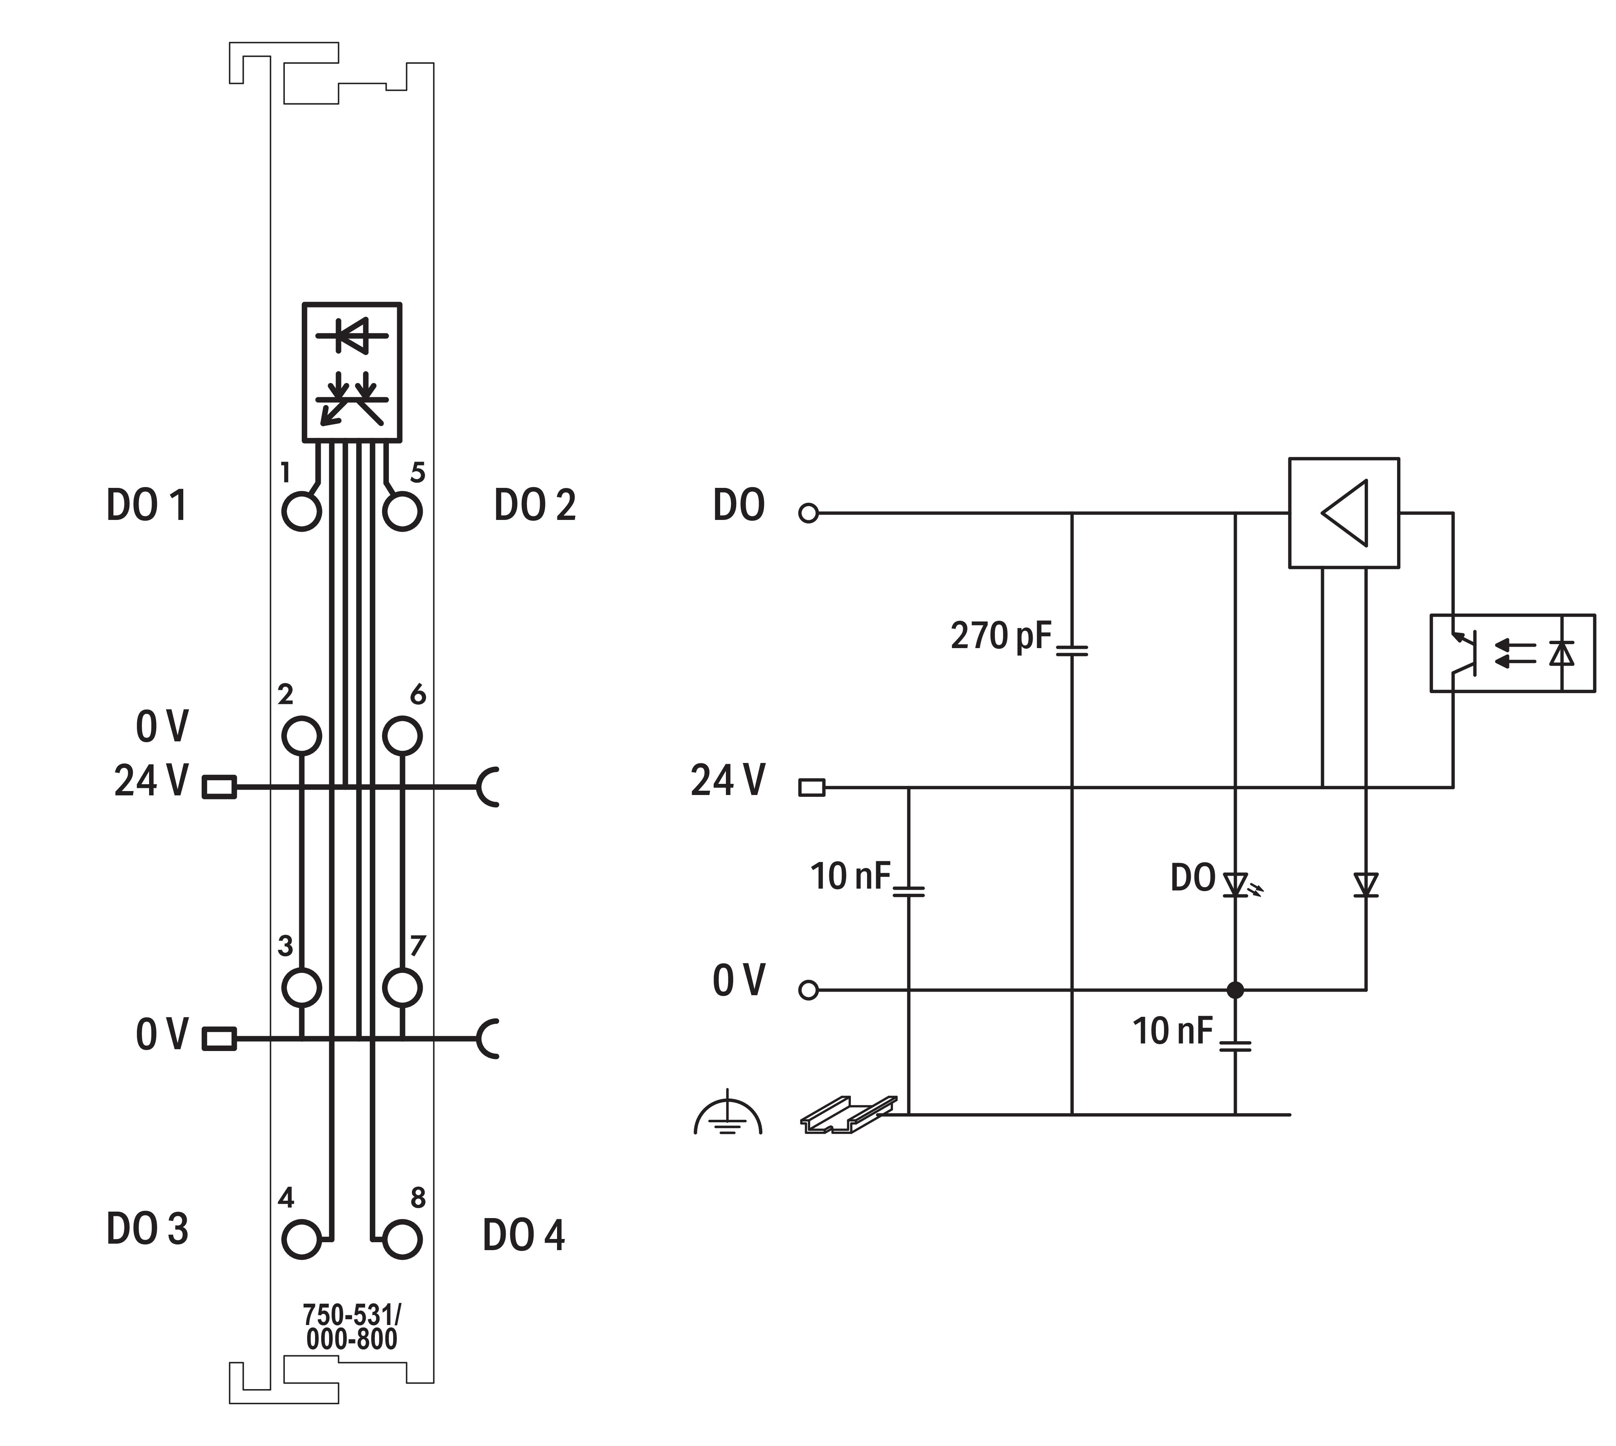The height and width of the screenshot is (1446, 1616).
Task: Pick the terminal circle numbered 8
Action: click(402, 1239)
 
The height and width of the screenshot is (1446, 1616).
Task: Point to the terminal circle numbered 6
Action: click(402, 736)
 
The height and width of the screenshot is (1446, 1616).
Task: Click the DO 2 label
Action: click(535, 505)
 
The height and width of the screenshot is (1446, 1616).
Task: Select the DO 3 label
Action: click(148, 1228)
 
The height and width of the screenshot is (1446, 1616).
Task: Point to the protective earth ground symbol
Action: click(728, 1115)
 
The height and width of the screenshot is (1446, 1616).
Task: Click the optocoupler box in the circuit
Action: click(1512, 653)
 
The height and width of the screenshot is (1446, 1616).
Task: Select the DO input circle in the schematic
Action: click(808, 513)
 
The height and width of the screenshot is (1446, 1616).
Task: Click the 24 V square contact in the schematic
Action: click(811, 787)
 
